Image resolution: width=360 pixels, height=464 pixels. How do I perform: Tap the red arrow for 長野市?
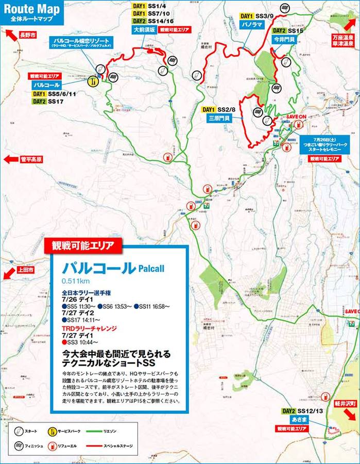[x=10, y=35]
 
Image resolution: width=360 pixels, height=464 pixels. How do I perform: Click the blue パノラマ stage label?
[x=251, y=25]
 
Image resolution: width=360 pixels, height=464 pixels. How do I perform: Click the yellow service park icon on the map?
[x=93, y=81]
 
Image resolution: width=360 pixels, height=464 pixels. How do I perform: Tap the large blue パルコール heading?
[x=98, y=268]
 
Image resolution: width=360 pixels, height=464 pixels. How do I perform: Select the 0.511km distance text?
[x=76, y=281]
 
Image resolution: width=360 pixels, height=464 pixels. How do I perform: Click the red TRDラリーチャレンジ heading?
[x=89, y=328]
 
